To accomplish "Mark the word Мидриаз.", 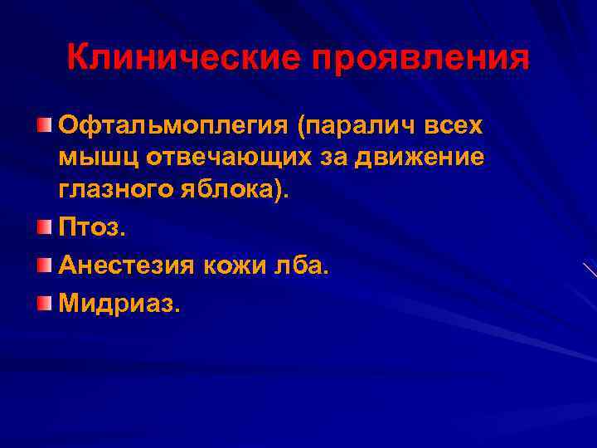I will point(118,304).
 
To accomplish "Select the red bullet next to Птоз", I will point(44,225).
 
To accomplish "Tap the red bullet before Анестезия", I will point(44,264).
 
